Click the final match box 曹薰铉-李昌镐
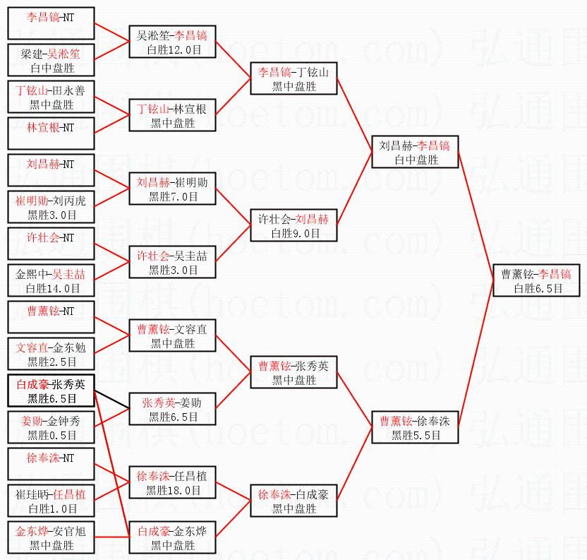[536, 280]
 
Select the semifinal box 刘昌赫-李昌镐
[415, 153]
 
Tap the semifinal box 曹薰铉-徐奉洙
[415, 428]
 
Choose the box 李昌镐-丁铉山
[294, 79]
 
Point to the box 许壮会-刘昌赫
[294, 225]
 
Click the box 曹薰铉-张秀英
[294, 372]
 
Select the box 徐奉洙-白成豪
[294, 501]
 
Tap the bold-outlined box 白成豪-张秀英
[51, 391]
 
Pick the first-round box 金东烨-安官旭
[51, 537]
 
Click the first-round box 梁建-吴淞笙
[51, 61]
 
